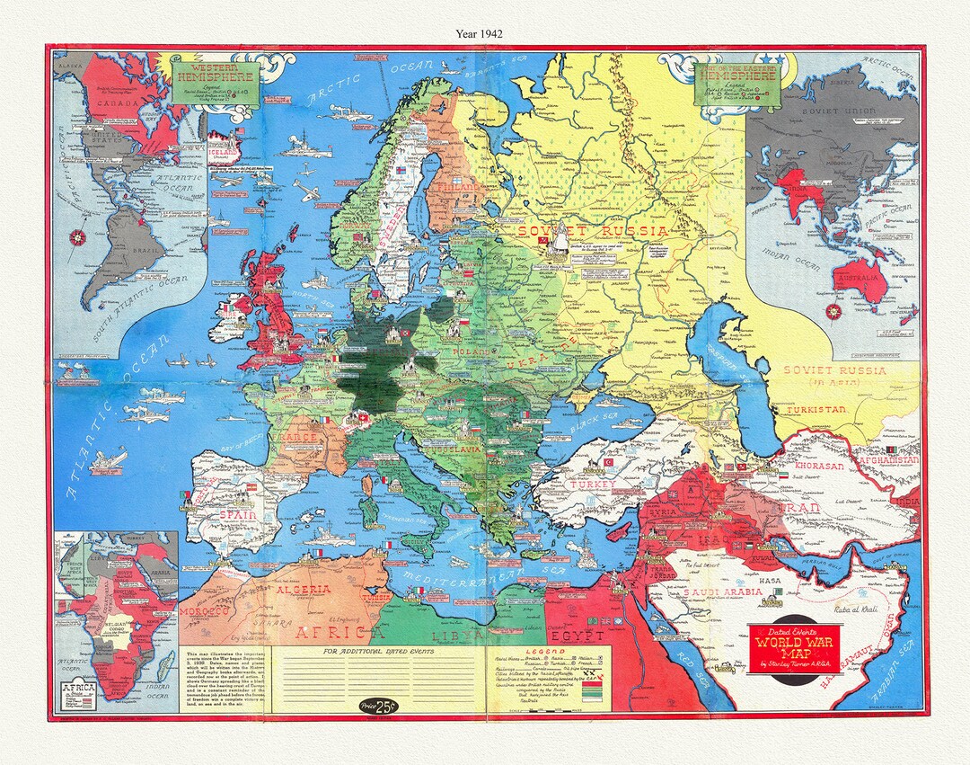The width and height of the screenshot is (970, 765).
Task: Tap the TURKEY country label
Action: [x=591, y=485]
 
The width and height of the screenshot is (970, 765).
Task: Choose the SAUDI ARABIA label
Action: [x=722, y=592]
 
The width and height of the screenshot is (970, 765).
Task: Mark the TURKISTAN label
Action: [x=816, y=409]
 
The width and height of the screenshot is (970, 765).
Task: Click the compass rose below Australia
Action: [x=833, y=313]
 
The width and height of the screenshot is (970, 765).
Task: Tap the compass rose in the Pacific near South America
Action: [x=79, y=238]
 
